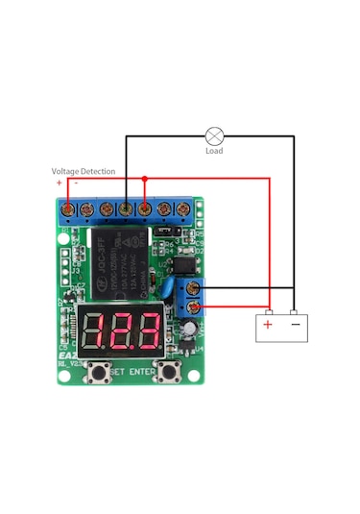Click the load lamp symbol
tap(215, 135)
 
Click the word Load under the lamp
tap(215, 151)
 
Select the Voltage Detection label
tap(84, 172)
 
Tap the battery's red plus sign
tap(268, 325)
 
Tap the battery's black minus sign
tap(295, 325)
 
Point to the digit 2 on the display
tap(121, 332)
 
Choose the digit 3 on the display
tap(147, 332)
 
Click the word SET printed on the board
tap(118, 372)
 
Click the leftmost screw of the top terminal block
tap(67, 208)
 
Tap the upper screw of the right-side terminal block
tap(195, 288)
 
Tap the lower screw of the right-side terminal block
tap(195, 307)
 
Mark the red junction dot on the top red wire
tap(145, 179)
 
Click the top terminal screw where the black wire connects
tap(126, 208)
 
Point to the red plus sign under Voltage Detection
tap(60, 183)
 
